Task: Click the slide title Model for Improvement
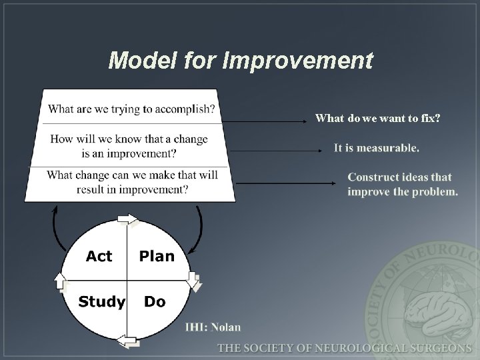pyautogui.click(x=241, y=61)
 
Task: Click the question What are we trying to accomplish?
pyautogui.click(x=131, y=109)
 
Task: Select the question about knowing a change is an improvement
pyautogui.click(x=129, y=146)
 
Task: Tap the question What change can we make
pyautogui.click(x=132, y=182)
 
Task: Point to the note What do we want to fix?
pyautogui.click(x=377, y=119)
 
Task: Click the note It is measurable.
pyautogui.click(x=377, y=148)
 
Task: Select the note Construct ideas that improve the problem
pyautogui.click(x=403, y=185)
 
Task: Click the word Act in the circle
pyautogui.click(x=99, y=256)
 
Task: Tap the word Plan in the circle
pyautogui.click(x=156, y=256)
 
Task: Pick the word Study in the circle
pyautogui.click(x=101, y=302)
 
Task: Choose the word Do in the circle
pyautogui.click(x=154, y=302)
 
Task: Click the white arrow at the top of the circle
pyautogui.click(x=127, y=219)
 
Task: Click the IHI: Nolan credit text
pyautogui.click(x=213, y=327)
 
